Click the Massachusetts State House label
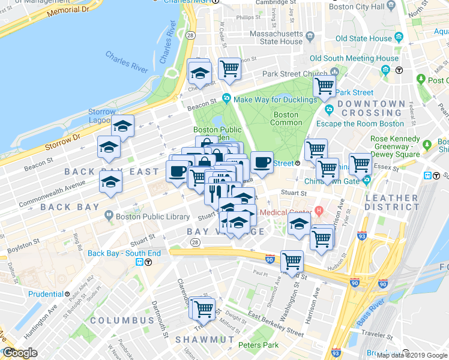(x=276, y=37)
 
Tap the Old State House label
(x=364, y=38)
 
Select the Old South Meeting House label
(x=354, y=58)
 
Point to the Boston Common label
(x=286, y=119)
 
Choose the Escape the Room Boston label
(x=370, y=124)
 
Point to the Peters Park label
(x=258, y=345)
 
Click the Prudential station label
(x=46, y=294)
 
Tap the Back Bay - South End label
(x=124, y=253)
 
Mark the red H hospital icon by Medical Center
(x=319, y=211)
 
